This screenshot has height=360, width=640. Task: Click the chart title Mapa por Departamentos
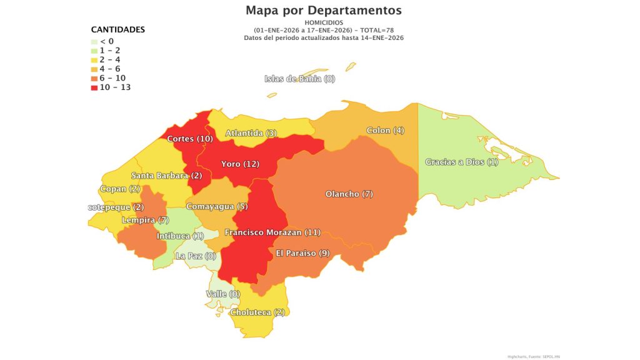323,11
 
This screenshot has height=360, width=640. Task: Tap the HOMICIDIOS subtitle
323,23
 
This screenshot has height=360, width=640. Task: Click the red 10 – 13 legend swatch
94,87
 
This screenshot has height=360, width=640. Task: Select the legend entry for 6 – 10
111,78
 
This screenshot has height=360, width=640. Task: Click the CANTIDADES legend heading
118,29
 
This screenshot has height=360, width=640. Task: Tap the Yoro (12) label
240,164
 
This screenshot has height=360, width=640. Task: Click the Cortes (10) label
190,139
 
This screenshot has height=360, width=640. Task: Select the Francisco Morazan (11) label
272,232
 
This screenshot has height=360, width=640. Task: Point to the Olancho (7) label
349,194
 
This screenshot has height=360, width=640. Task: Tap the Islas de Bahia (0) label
300,79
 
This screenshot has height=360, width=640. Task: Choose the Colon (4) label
386,131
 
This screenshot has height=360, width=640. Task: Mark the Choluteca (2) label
257,312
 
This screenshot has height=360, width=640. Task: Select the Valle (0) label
223,294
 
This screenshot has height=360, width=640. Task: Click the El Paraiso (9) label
302,253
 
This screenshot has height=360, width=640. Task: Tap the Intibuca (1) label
180,236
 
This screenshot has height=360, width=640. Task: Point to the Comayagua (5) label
217,206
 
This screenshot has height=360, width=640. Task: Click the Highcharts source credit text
533,356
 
